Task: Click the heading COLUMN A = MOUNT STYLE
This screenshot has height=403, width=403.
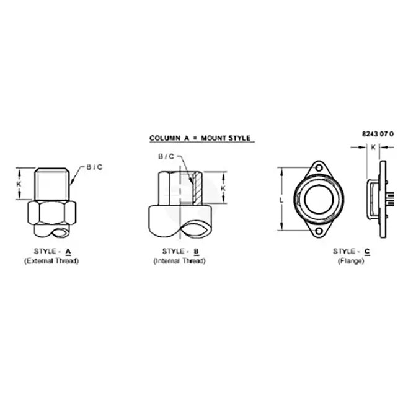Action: pyautogui.click(x=200, y=138)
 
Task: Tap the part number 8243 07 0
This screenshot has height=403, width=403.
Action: pyautogui.click(x=378, y=134)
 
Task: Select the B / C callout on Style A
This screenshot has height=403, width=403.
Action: pyautogui.click(x=94, y=167)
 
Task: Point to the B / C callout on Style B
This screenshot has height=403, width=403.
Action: pyautogui.click(x=166, y=156)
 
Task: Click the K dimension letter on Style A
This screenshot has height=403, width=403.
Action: pyautogui.click(x=19, y=184)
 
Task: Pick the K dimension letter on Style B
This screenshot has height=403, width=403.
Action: pyautogui.click(x=223, y=188)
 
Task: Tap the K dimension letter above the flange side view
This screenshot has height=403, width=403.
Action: pyautogui.click(x=373, y=148)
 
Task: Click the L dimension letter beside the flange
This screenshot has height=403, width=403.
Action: pyautogui.click(x=281, y=200)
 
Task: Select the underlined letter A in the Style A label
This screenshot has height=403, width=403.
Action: pyautogui.click(x=68, y=251)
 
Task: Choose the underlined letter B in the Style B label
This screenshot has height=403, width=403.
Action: pyautogui.click(x=197, y=251)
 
